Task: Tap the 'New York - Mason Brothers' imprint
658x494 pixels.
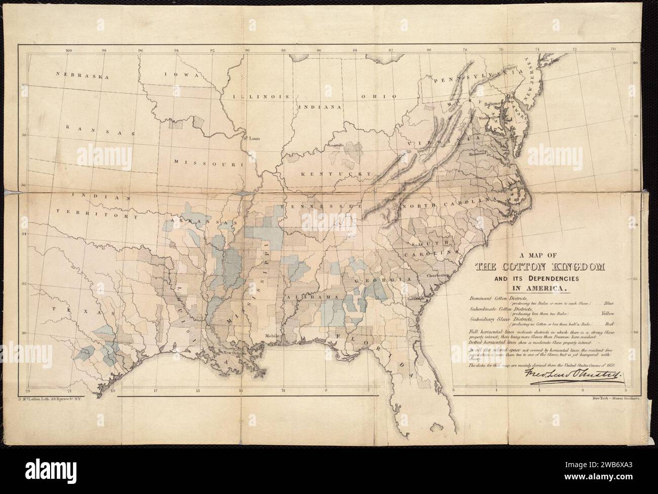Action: (615, 399)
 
